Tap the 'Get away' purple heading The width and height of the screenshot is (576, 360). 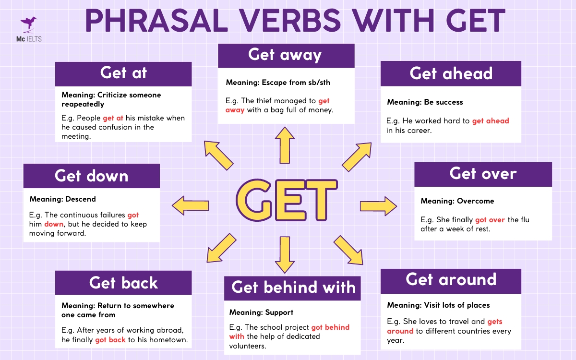[286, 55]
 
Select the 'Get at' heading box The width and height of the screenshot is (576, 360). [123, 73]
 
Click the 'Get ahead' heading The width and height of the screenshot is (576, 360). [451, 73]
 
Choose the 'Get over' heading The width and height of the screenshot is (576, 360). [483, 174]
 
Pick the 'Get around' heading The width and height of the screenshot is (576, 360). [451, 280]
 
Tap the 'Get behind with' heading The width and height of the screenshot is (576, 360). [293, 288]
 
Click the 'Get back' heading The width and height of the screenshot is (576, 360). [123, 283]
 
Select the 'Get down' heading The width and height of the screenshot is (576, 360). [91, 176]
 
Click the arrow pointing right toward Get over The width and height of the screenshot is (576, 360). [378, 206]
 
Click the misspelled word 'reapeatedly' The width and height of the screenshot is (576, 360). [83, 104]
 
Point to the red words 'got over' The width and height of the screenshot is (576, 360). [490, 220]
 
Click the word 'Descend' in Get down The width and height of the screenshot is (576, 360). [81, 199]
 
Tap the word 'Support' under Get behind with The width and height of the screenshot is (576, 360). [279, 312]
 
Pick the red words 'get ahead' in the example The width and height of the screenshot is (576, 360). [490, 121]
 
